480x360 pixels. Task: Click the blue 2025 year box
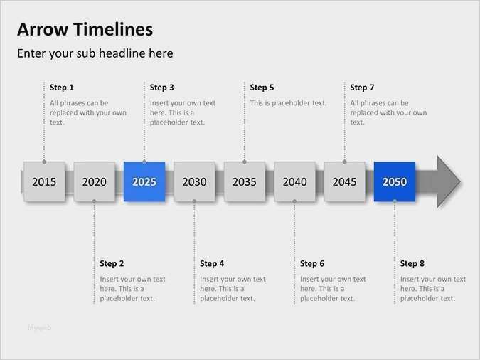pyautogui.click(x=144, y=181)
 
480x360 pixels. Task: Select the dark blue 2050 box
pyautogui.click(x=395, y=181)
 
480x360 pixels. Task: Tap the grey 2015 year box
pyautogui.click(x=44, y=181)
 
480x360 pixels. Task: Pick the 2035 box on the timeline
pyautogui.click(x=244, y=181)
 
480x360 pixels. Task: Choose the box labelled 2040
pyautogui.click(x=294, y=181)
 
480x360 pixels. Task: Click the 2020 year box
pyautogui.click(x=94, y=181)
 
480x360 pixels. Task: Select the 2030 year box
pyautogui.click(x=194, y=181)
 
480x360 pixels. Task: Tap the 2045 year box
pyautogui.click(x=344, y=181)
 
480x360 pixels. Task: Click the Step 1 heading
pyautogui.click(x=62, y=88)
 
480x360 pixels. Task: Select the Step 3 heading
pyautogui.click(x=162, y=88)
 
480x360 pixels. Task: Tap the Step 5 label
pyautogui.click(x=262, y=88)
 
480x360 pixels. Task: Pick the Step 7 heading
pyautogui.click(x=362, y=88)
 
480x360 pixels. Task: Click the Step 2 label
pyautogui.click(x=112, y=264)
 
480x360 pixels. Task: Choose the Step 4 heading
pyautogui.click(x=212, y=264)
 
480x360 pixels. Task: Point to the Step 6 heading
pyautogui.click(x=312, y=264)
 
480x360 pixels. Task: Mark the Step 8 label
pyautogui.click(x=412, y=264)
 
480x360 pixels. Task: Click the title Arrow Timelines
pyautogui.click(x=85, y=29)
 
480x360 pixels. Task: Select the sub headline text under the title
pyautogui.click(x=95, y=53)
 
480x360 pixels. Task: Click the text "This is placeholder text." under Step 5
pyautogui.click(x=288, y=103)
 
